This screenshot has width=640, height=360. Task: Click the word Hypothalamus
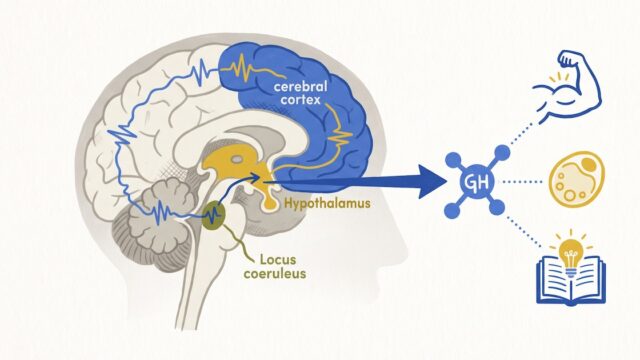(x=327, y=203)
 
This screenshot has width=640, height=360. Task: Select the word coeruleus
(x=275, y=273)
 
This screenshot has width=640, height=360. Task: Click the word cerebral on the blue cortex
(x=300, y=87)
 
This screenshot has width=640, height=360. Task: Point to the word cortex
(x=300, y=100)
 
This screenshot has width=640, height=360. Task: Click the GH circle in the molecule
(x=477, y=182)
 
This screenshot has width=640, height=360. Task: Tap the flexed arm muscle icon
(x=567, y=85)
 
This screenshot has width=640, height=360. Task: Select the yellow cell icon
(x=576, y=178)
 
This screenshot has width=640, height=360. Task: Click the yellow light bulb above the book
(x=571, y=252)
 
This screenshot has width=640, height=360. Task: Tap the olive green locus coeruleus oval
(x=213, y=215)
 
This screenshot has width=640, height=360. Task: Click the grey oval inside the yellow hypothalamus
(x=236, y=159)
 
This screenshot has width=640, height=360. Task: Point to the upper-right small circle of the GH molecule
(x=502, y=153)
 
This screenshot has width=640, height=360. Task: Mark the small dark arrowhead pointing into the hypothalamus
(x=255, y=178)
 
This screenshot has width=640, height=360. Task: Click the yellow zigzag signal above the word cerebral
(x=253, y=68)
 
